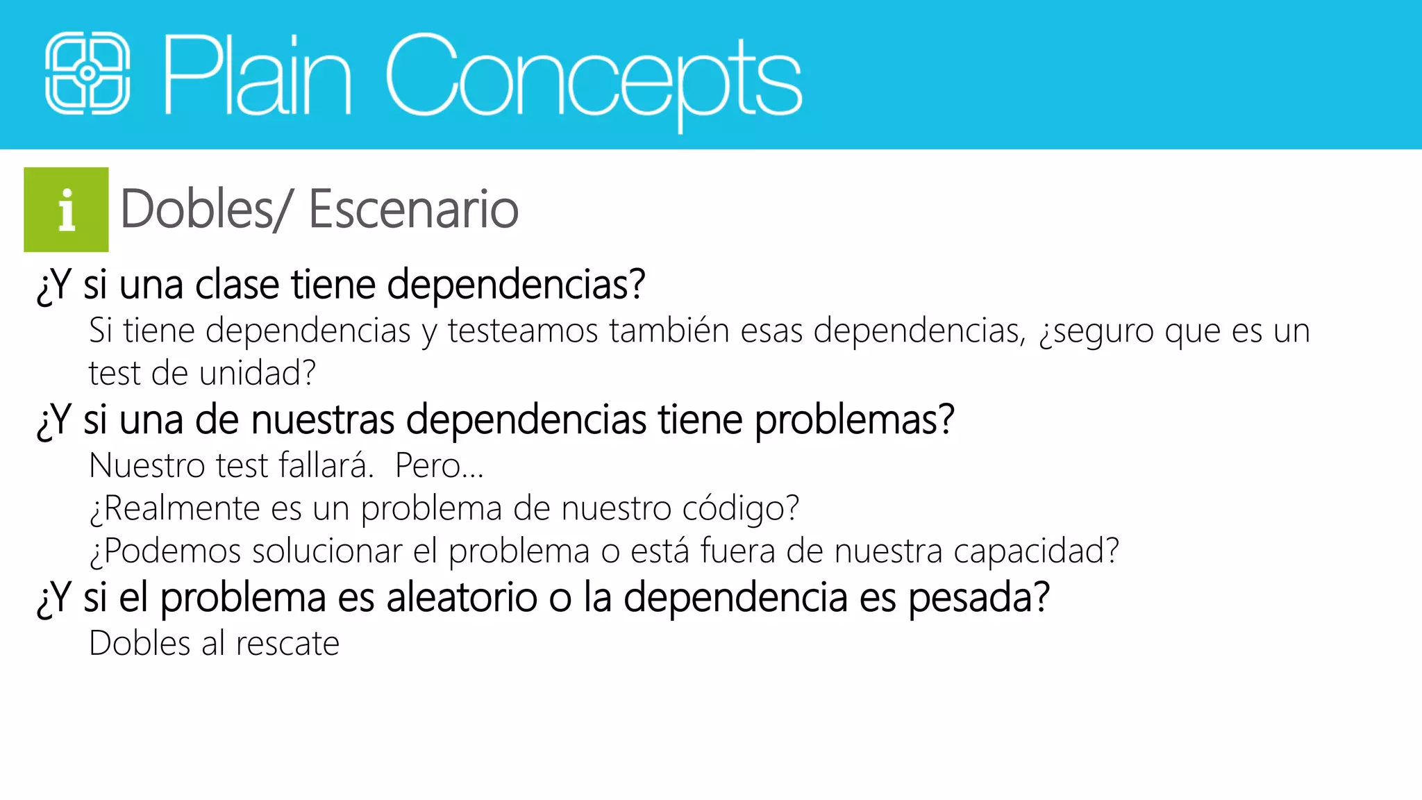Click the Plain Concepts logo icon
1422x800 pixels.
pyautogui.click(x=87, y=74)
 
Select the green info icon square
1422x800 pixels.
pyautogui.click(x=66, y=209)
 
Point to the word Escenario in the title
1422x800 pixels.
pyautogui.click(x=413, y=209)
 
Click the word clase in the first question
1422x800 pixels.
pyautogui.click(x=237, y=285)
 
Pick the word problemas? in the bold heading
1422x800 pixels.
pyautogui.click(x=854, y=420)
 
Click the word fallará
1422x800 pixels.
pyautogui.click(x=326, y=465)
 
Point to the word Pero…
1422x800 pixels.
pyautogui.click(x=439, y=466)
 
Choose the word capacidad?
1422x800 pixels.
pyautogui.click(x=1036, y=551)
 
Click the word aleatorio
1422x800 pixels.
pyautogui.click(x=462, y=598)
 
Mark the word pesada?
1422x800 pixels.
pyautogui.click(x=978, y=598)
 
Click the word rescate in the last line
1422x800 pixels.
pyautogui.click(x=287, y=644)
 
